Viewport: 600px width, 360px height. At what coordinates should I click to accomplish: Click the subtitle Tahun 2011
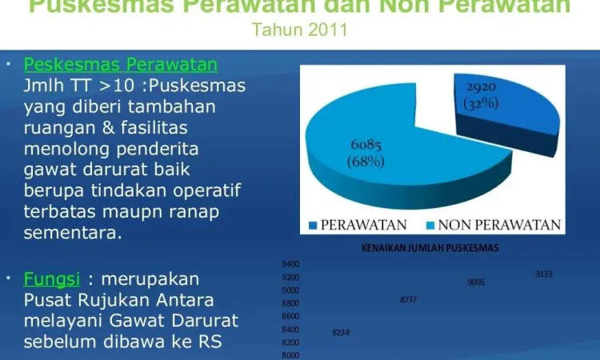(300, 30)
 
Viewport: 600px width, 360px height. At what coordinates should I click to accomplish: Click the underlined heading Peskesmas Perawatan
(121, 64)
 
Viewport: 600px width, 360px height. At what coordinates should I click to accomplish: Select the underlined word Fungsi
(52, 279)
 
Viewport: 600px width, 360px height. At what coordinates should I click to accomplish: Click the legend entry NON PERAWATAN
(494, 225)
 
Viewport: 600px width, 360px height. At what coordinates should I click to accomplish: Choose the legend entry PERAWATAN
(358, 225)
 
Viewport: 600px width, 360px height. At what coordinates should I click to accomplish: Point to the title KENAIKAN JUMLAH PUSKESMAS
(430, 248)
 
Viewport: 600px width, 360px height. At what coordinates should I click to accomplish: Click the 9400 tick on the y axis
(290, 264)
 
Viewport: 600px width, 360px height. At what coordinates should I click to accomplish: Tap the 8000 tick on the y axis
(290, 355)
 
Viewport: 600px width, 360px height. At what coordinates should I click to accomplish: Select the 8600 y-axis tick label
(290, 316)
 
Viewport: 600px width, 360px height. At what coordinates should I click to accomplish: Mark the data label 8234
(341, 333)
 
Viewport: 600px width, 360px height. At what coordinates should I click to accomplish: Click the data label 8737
(408, 299)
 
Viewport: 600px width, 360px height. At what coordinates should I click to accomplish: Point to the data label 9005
(476, 282)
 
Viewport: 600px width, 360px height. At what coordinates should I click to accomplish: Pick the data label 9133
(543, 274)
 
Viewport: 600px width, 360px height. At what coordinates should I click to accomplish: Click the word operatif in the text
(206, 190)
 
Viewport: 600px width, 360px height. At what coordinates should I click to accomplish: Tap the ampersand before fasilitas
(108, 127)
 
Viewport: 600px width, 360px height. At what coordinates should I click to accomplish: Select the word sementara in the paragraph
(73, 233)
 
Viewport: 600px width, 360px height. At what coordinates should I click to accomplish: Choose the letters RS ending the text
(210, 342)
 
